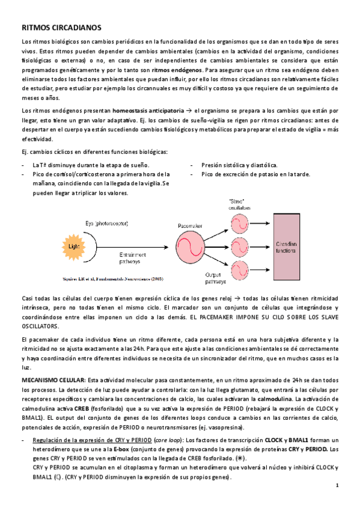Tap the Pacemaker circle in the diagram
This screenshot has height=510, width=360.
click(x=192, y=245)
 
